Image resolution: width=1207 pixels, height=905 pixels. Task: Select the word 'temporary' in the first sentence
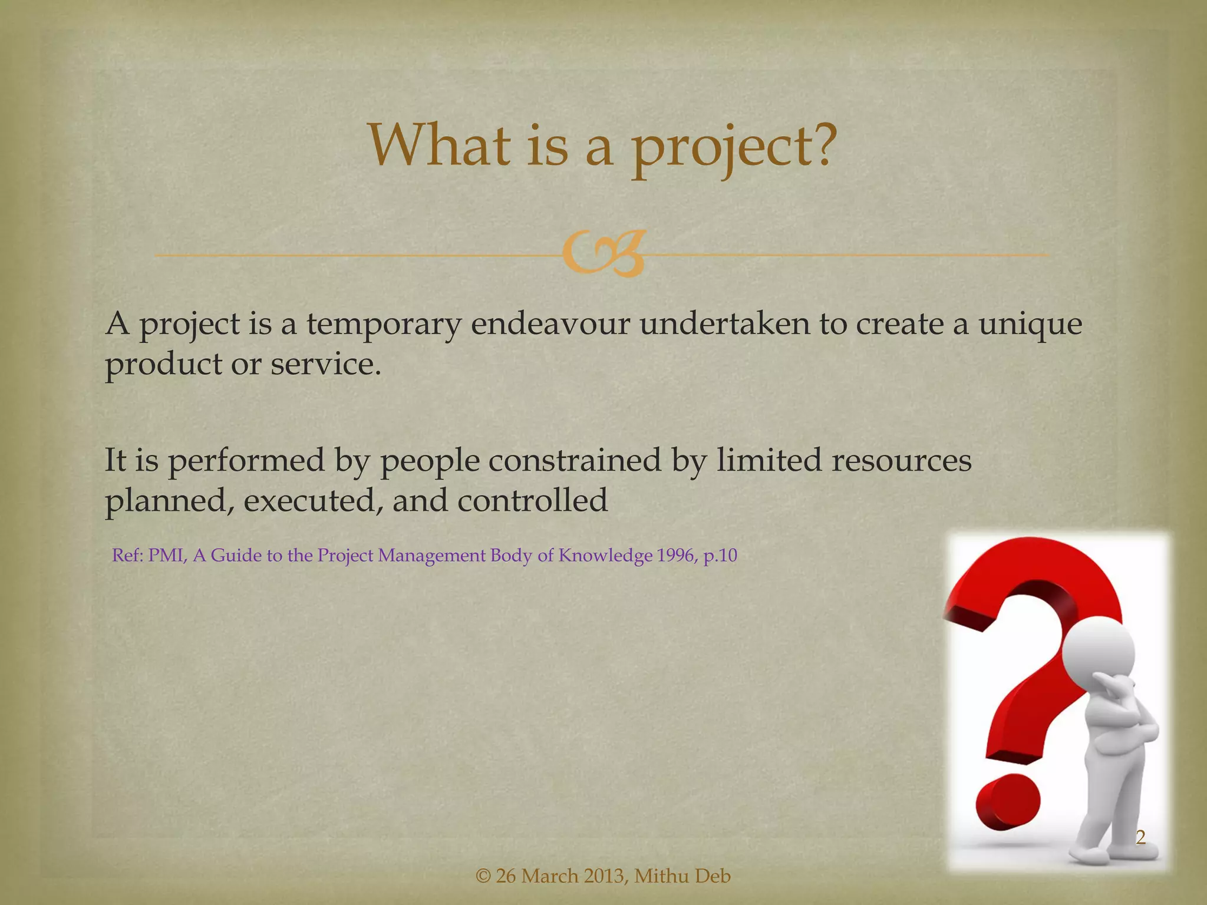point(383,325)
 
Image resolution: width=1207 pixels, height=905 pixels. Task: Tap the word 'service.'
point(326,364)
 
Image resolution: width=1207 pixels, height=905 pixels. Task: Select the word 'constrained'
point(575,460)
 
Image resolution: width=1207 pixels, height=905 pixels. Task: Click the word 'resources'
point(901,460)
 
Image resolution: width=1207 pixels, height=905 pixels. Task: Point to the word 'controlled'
point(532,500)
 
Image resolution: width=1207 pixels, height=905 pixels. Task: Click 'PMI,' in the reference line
point(167,556)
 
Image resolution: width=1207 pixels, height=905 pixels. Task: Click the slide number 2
point(1140,837)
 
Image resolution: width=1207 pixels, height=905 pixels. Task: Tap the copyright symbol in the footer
point(483,877)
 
